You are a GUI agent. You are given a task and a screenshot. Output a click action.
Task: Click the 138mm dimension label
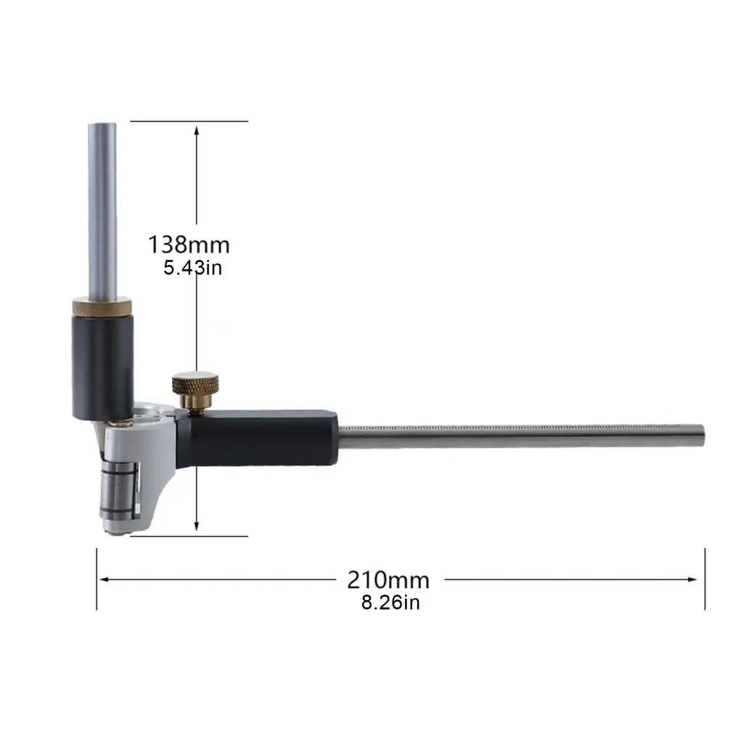tap(189, 244)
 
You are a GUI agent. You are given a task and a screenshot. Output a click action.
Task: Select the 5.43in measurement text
tap(192, 267)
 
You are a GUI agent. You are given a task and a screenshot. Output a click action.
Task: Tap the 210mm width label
tap(388, 580)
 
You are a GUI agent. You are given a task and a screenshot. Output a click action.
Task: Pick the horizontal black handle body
tap(261, 438)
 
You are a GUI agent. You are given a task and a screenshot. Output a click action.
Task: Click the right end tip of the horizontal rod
tap(702, 434)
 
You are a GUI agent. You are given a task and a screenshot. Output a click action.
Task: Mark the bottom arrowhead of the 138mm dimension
tap(197, 530)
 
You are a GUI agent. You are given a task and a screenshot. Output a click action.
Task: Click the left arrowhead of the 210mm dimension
tap(103, 579)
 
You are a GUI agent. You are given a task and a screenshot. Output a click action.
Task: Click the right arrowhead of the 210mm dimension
tap(699, 579)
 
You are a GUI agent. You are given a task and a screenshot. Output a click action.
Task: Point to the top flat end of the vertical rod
tap(102, 124)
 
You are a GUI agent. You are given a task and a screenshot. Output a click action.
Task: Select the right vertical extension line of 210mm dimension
tap(705, 579)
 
